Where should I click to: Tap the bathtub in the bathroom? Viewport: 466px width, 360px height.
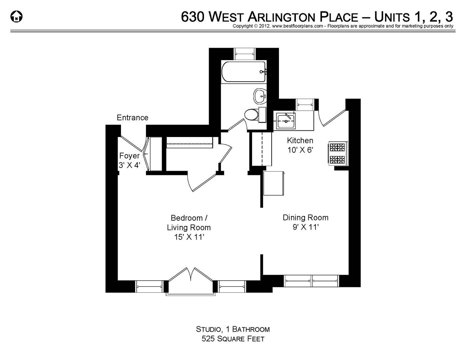click(243, 72)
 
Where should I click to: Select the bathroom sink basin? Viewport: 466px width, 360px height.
click(259, 96)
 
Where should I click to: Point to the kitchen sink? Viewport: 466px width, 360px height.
click(286, 120)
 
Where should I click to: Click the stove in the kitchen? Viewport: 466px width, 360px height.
click(338, 153)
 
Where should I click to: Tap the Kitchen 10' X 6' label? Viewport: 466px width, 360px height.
click(300, 145)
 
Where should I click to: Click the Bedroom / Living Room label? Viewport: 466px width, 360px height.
click(189, 227)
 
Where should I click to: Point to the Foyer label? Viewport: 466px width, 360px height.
click(129, 160)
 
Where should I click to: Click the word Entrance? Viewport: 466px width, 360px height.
click(132, 118)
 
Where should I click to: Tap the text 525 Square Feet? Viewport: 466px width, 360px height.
click(233, 339)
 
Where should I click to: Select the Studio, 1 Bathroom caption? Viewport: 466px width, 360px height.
click(233, 329)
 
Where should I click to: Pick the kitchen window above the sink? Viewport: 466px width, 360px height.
click(305, 104)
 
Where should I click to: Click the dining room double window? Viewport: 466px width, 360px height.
click(311, 281)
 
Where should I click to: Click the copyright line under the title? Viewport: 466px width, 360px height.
click(343, 26)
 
